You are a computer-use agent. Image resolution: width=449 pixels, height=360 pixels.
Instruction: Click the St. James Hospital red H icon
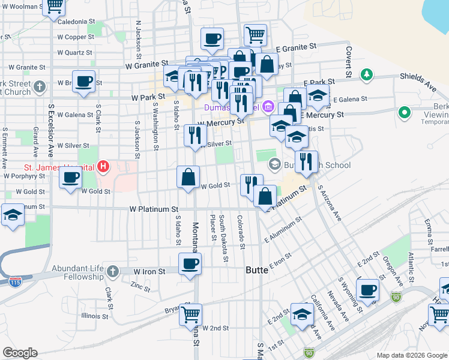(103, 166)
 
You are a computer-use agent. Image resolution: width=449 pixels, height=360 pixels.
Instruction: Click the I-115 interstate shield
(13, 280)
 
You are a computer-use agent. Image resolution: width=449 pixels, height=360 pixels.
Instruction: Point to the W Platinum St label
(154, 209)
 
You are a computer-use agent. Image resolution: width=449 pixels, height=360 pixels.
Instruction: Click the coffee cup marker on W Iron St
(190, 264)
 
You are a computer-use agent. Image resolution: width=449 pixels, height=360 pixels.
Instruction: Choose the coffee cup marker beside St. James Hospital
(71, 178)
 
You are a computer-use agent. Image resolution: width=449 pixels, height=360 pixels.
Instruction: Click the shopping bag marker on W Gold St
(188, 178)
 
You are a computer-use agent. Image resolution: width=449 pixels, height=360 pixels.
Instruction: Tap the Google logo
(20, 353)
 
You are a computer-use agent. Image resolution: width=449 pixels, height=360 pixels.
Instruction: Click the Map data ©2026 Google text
(411, 355)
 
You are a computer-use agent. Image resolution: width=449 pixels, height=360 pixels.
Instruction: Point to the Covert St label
(348, 60)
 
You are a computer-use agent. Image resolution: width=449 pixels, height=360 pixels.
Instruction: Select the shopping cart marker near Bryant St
(190, 314)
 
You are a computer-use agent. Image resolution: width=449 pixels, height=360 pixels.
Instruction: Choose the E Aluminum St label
(283, 231)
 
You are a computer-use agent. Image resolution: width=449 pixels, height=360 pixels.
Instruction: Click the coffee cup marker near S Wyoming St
(367, 290)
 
